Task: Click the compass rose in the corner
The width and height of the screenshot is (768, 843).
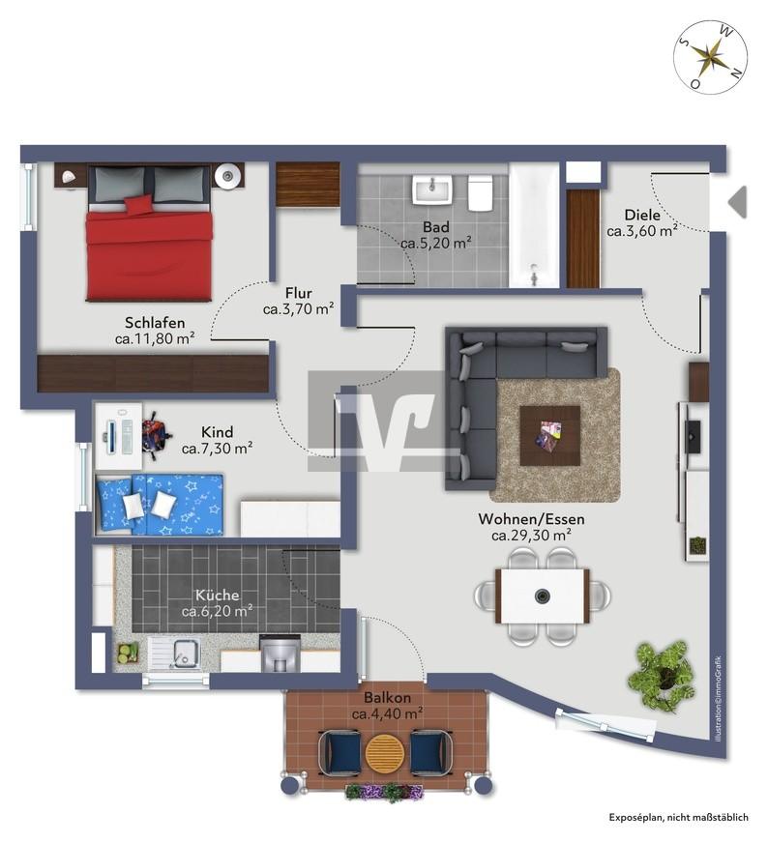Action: (711, 57)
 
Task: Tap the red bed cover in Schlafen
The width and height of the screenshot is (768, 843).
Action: (148, 255)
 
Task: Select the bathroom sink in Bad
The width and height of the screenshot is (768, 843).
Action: (430, 191)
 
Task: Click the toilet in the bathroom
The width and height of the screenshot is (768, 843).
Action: (481, 192)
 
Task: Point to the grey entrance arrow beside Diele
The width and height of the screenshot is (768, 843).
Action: (738, 203)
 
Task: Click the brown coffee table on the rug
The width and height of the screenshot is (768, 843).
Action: (549, 435)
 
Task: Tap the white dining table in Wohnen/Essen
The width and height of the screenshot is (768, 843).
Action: (542, 596)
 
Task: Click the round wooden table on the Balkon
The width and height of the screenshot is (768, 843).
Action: (385, 753)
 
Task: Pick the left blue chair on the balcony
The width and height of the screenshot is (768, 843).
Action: (340, 753)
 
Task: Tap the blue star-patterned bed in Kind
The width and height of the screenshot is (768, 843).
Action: (159, 505)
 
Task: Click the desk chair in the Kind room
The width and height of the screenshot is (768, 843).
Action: (156, 435)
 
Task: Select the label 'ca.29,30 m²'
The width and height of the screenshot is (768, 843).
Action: (531, 536)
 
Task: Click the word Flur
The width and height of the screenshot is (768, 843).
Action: (299, 293)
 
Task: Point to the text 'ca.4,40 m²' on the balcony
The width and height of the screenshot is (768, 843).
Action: (387, 714)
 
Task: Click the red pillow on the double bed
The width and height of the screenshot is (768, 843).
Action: (138, 204)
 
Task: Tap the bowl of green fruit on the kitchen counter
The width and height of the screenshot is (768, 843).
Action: (128, 654)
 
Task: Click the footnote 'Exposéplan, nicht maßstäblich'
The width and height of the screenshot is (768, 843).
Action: (678, 818)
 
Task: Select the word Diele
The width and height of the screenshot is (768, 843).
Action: (642, 215)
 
